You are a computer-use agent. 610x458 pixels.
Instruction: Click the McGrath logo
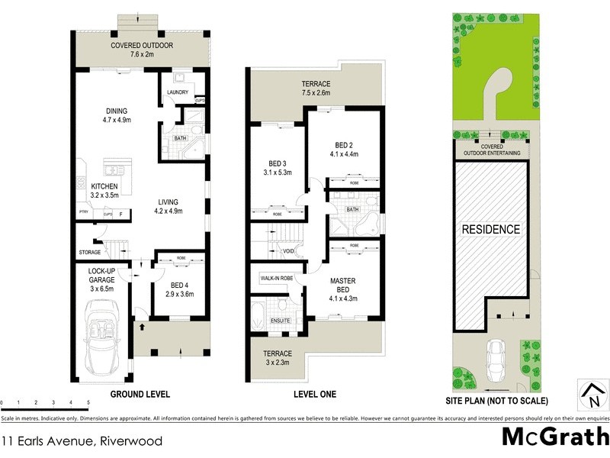coord(555,437)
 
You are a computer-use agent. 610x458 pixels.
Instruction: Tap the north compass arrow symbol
coord(592,395)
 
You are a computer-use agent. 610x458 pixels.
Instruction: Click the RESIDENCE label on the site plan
coord(490,229)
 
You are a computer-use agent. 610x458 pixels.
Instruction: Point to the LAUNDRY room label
coord(177,94)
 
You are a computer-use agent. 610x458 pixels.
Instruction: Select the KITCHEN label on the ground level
coord(104,190)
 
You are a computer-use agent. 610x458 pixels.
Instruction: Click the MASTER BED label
coord(343,285)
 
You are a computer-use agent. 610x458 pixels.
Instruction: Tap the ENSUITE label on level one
coord(280,321)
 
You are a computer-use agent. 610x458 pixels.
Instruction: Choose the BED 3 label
coord(278,167)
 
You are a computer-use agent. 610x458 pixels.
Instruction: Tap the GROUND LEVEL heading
coord(140,395)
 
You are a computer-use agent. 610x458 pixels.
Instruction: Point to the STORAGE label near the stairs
coord(89,252)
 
